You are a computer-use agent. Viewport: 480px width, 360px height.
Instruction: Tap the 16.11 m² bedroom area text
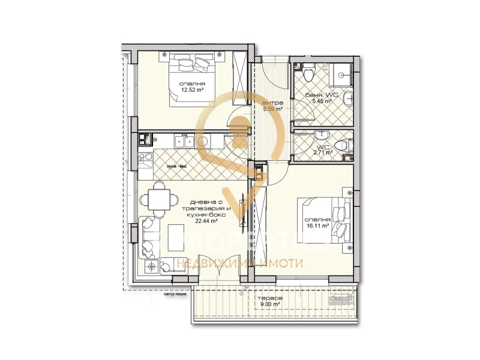(317, 226)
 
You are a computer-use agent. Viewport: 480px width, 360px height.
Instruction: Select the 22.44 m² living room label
(206, 220)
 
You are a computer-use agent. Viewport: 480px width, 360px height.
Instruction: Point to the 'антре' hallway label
(272, 103)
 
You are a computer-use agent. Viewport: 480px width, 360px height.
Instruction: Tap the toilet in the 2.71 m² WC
(341, 145)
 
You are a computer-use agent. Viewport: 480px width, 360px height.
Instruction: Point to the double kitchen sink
(182, 142)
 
